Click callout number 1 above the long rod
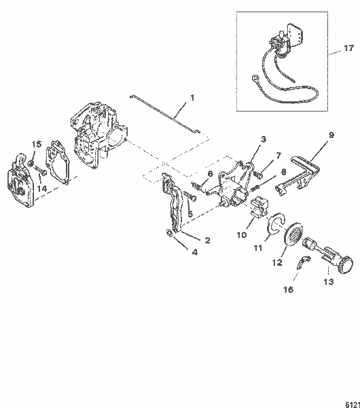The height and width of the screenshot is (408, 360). click(192, 97)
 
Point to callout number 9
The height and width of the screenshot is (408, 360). click(331, 135)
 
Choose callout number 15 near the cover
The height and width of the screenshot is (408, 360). click(37, 144)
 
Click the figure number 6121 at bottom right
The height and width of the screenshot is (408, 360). click(349, 402)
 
